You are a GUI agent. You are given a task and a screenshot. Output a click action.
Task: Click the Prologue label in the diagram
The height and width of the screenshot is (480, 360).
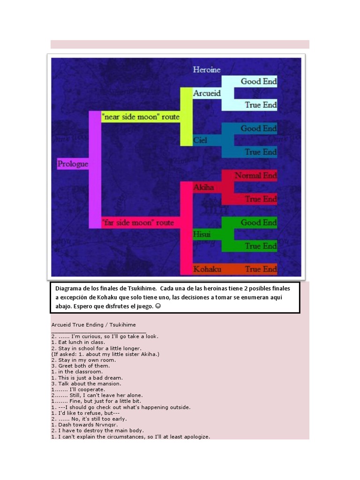click(x=73, y=164)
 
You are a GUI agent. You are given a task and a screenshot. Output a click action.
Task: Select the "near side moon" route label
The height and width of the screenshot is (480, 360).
click(x=141, y=117)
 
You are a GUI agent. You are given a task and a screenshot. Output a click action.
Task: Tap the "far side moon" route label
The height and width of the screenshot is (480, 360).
click(x=138, y=222)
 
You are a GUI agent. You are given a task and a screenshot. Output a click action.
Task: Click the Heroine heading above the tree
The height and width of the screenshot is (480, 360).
click(x=206, y=70)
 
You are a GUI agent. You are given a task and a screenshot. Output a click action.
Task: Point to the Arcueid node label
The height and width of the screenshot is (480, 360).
click(x=207, y=93)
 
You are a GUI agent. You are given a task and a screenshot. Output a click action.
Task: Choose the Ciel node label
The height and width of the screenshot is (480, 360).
click(x=200, y=140)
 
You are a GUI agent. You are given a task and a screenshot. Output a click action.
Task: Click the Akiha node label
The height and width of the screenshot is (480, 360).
click(x=203, y=187)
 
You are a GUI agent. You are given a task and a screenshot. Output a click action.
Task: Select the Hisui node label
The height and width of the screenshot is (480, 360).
click(x=202, y=234)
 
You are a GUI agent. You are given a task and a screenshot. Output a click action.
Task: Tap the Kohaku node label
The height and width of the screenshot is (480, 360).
click(x=206, y=269)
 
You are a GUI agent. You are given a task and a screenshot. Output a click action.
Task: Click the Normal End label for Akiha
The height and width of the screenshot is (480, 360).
click(x=255, y=175)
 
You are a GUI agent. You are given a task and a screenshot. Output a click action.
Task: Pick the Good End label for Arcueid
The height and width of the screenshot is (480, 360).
click(x=258, y=81)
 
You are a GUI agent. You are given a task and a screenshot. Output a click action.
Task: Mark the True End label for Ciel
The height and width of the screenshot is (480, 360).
click(x=260, y=152)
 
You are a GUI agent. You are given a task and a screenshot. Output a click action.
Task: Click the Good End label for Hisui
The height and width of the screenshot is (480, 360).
click(x=258, y=222)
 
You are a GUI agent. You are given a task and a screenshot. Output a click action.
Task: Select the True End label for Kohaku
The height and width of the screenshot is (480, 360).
click(x=260, y=269)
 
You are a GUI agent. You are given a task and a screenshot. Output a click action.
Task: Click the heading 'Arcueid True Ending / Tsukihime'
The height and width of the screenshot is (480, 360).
click(x=93, y=324)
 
